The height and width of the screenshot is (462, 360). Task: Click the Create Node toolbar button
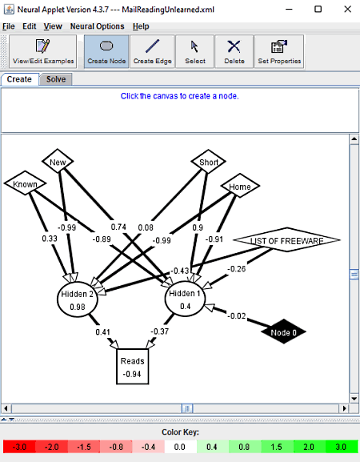point(106,52)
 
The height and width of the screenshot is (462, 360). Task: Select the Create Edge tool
point(153,52)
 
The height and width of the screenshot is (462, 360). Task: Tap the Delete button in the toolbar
point(234,52)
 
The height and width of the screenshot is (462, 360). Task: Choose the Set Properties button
point(279,52)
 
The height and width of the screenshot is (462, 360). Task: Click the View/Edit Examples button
point(43,52)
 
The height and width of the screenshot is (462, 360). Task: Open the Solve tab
point(56,79)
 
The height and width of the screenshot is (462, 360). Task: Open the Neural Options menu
point(97,26)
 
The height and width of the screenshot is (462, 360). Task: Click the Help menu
point(141,26)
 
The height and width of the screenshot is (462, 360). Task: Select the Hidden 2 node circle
point(77,299)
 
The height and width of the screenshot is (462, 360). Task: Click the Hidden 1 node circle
point(185,299)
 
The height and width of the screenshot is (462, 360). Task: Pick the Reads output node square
point(133,367)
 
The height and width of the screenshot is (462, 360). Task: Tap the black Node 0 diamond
point(283,331)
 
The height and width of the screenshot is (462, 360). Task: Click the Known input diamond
point(25,183)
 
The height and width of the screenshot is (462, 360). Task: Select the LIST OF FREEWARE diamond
point(287,240)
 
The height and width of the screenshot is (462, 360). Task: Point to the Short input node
point(209,162)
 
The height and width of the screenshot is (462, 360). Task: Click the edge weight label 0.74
point(118,227)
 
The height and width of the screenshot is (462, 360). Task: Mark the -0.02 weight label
point(236,316)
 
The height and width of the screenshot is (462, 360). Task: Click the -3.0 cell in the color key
point(19,447)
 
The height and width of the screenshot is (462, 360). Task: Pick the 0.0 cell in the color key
point(179,447)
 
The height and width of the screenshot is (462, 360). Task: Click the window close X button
point(348,9)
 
